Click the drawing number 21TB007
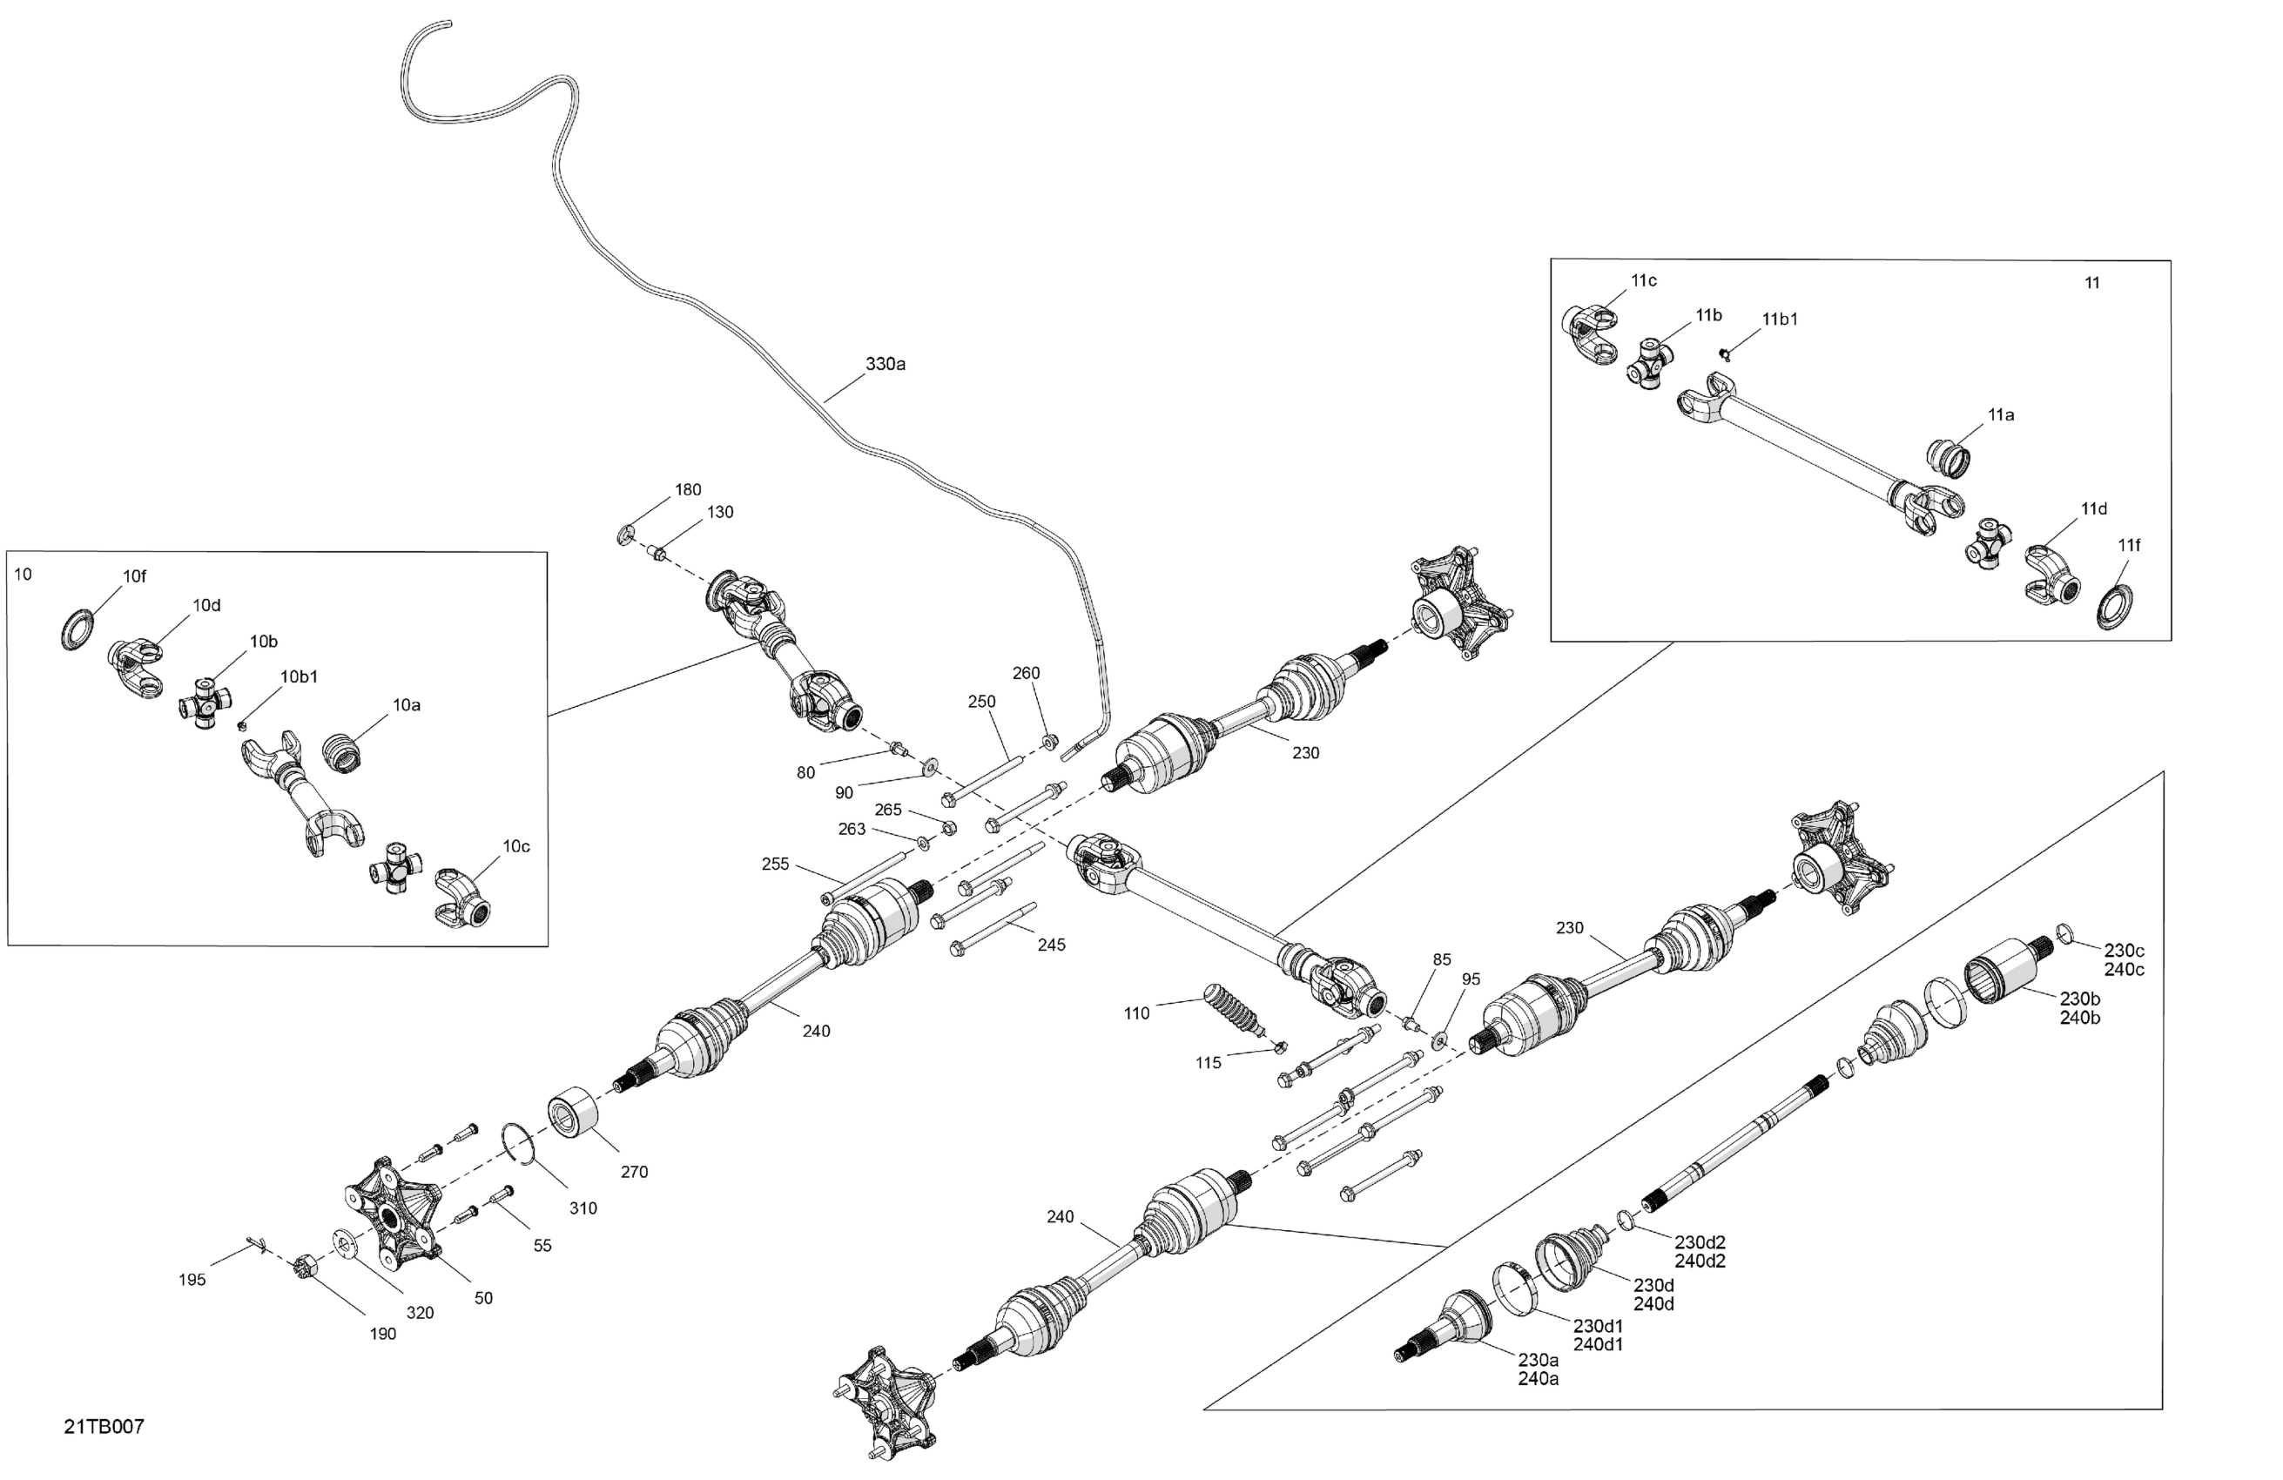(104, 1426)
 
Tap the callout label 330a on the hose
(886, 364)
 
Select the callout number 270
(634, 1171)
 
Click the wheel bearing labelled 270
(573, 1113)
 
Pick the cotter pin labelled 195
(255, 1244)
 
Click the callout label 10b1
(299, 676)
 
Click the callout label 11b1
(1780, 320)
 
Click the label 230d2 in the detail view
(1700, 1242)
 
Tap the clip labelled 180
(625, 534)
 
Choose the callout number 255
(775, 864)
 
